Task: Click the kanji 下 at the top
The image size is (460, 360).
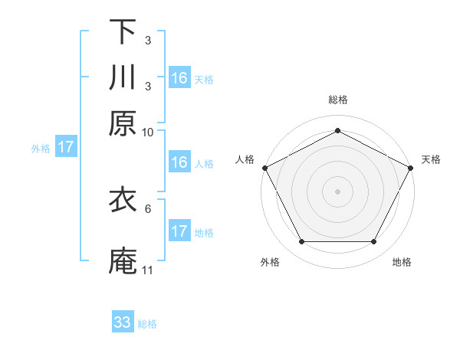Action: pos(123,32)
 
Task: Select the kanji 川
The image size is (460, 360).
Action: pos(123,77)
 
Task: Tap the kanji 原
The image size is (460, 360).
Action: pos(123,122)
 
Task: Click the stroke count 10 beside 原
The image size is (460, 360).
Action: pos(148,132)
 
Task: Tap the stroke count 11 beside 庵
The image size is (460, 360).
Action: pos(148,270)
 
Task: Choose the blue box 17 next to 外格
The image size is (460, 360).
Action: pos(66,147)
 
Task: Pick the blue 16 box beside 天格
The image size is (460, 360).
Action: pos(179,78)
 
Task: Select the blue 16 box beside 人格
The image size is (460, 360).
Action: pos(179,162)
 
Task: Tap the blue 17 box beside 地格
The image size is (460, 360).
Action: pos(179,231)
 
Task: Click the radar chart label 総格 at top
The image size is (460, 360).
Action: pos(337,100)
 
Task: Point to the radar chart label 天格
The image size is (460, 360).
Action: pos(431,159)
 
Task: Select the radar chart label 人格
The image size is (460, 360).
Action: pos(245,159)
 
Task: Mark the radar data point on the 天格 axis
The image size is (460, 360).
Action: pos(412,167)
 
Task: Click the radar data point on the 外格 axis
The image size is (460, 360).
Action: pos(301,242)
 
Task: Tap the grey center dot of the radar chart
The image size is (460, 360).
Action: pos(337,191)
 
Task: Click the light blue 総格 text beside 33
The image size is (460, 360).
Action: pos(147,324)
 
